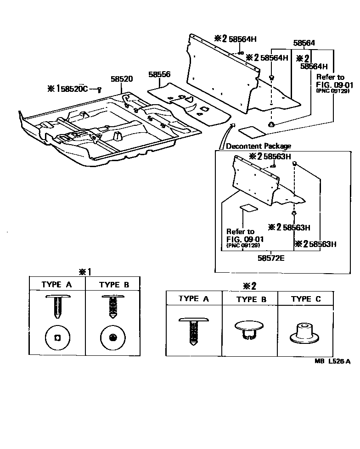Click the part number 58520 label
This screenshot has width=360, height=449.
click(122, 79)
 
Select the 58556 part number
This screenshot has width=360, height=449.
click(159, 74)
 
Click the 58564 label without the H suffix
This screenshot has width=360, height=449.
click(304, 43)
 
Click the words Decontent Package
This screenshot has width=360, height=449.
click(259, 146)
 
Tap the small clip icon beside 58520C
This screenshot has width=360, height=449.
click(99, 89)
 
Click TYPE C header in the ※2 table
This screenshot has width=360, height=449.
click(306, 299)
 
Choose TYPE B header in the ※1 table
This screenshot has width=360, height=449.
click(114, 285)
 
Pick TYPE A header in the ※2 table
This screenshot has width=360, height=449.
click(193, 298)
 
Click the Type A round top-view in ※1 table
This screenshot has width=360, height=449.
click(57, 338)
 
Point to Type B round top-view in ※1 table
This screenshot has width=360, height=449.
click(113, 338)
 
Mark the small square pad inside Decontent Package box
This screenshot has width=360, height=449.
click(249, 208)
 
